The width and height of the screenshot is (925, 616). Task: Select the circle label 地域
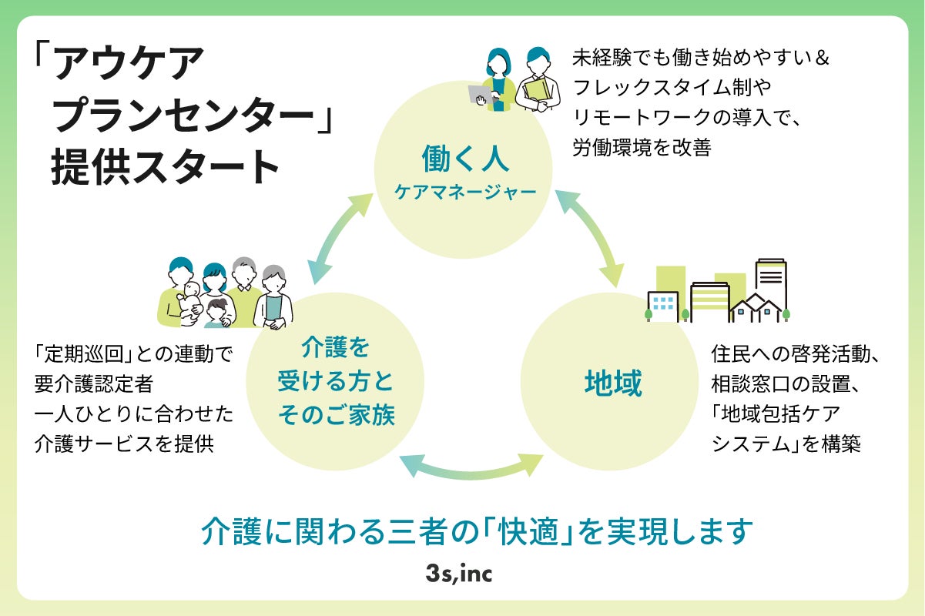point(613,383)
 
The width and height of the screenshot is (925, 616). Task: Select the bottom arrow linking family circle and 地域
point(471,466)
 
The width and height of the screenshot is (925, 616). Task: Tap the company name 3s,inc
point(462,574)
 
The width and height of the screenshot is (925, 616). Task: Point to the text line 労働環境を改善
point(642,147)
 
